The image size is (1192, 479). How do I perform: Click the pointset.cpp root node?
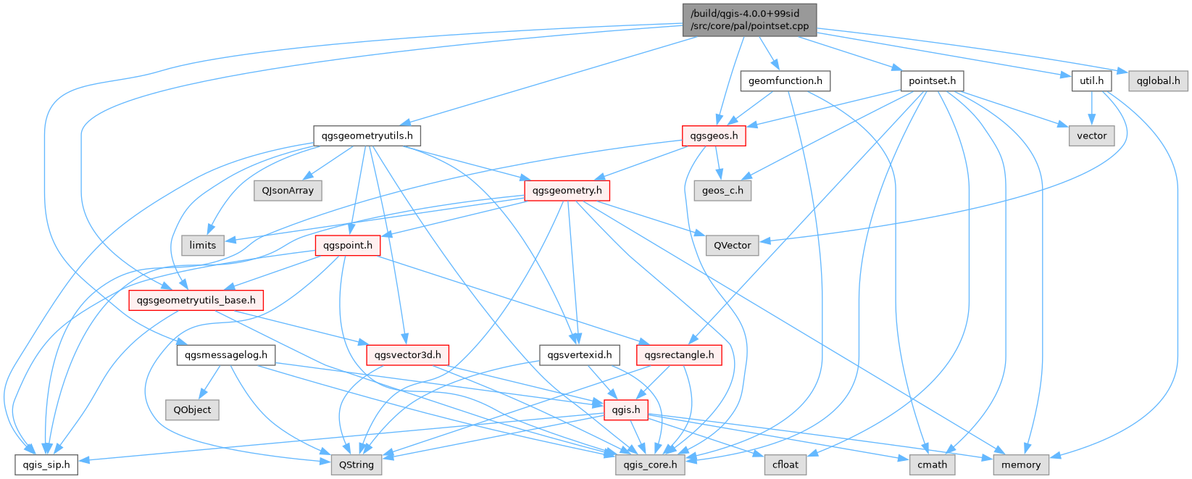749,20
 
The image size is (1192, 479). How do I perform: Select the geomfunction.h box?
785,81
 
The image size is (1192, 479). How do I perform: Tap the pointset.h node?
932,81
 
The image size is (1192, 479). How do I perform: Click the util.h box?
1091,81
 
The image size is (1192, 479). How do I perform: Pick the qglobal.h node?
1158,81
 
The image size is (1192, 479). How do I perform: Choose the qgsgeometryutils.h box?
367,136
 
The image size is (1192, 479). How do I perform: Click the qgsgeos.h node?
714,136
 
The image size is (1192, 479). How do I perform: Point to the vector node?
1091,136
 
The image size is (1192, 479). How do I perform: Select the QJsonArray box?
288,191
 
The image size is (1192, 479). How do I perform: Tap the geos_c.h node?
722,191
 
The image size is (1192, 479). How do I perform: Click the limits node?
203,245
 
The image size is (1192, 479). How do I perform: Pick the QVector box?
732,245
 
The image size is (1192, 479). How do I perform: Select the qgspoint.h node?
347,245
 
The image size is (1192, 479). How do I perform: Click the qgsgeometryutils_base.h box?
196,300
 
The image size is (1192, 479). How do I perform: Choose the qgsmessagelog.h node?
226,355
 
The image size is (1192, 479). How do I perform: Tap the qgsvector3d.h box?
408,355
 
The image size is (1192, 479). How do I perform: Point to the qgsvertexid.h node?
580,355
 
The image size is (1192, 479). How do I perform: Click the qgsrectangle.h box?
679,355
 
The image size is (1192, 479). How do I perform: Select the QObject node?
192,409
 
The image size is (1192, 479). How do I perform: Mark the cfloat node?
785,465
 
